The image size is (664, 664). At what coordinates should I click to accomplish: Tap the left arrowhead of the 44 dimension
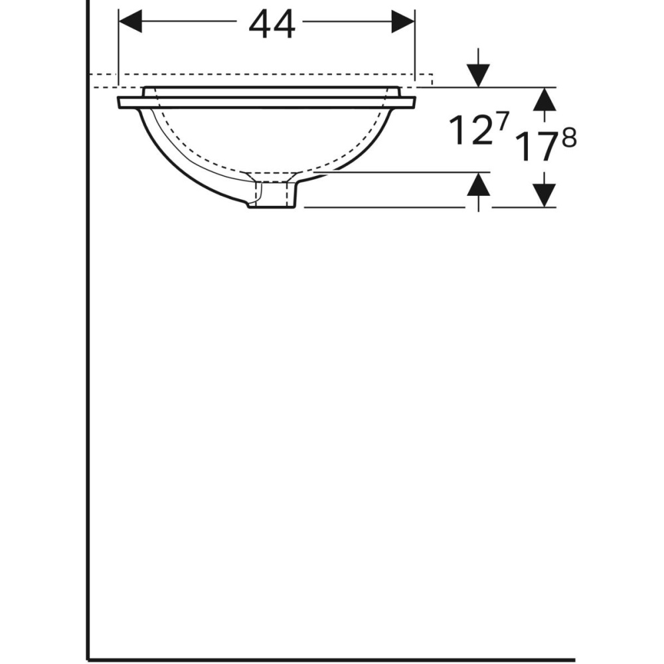pos(130,21)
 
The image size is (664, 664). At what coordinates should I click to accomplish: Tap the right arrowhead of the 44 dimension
pos(402,21)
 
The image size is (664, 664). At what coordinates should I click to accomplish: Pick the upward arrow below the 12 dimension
pos(478,187)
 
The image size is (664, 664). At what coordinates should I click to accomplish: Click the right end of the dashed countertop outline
pos(432,80)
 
